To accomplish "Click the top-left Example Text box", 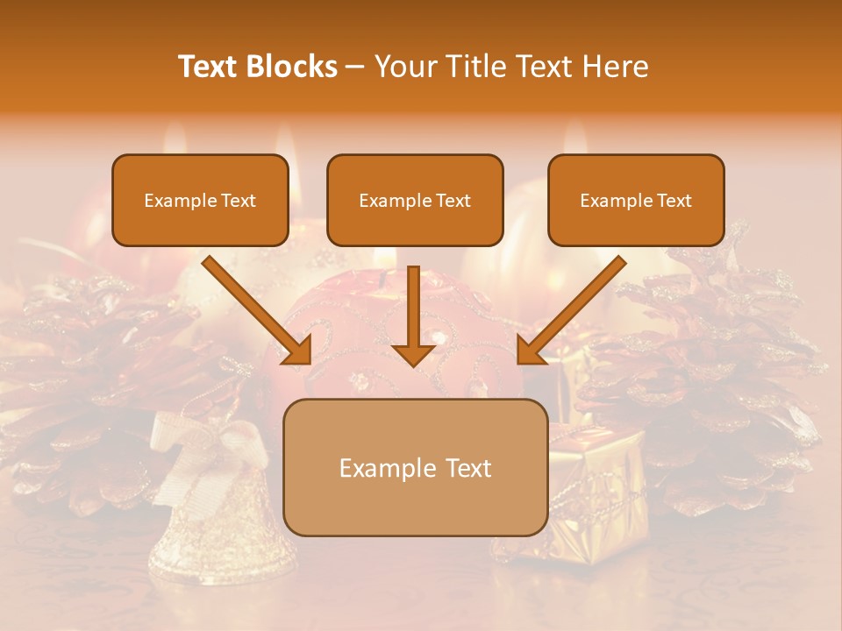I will click(200, 201).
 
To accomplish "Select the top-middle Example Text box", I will click(415, 201).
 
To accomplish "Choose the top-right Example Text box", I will click(636, 201).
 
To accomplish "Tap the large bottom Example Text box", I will click(416, 467).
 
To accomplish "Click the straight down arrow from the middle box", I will click(413, 315).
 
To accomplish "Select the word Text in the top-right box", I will click(674, 201).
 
